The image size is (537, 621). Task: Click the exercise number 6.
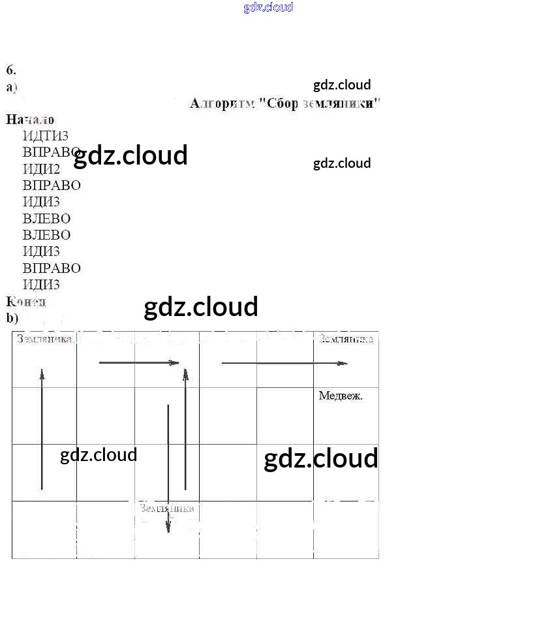coord(10,71)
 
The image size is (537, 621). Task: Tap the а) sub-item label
coord(12,87)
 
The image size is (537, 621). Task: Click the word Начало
coord(30,119)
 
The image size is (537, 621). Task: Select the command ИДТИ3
coord(46,136)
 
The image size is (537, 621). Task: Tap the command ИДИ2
coord(41,168)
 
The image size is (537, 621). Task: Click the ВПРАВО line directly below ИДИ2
coord(52,185)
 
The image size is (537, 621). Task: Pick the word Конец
coord(26,302)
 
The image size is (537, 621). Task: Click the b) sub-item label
coord(12,318)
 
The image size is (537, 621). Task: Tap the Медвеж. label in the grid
coord(341,396)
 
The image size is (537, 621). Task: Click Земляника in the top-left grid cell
coord(44,339)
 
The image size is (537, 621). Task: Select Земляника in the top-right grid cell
coord(346,339)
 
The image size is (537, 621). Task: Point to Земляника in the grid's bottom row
coord(166,509)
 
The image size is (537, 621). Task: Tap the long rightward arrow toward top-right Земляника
coord(284,363)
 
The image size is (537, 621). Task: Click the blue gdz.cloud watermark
coord(268,7)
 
